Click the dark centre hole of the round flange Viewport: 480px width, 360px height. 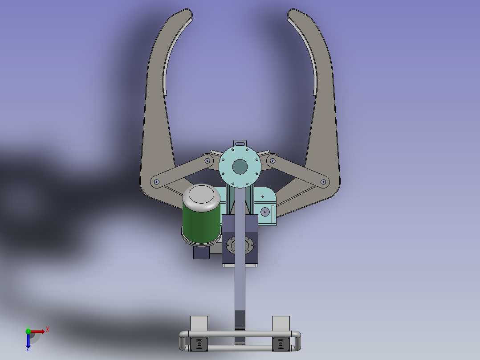pos(240,167)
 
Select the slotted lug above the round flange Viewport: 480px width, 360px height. pos(240,143)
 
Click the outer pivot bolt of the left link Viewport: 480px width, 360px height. pos(157,182)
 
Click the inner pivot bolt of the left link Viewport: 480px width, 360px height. pos(207,160)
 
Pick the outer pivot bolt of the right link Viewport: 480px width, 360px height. pos(323,182)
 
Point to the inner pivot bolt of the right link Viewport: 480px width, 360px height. pos(273,160)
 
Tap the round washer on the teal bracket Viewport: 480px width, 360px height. pos(265,212)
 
